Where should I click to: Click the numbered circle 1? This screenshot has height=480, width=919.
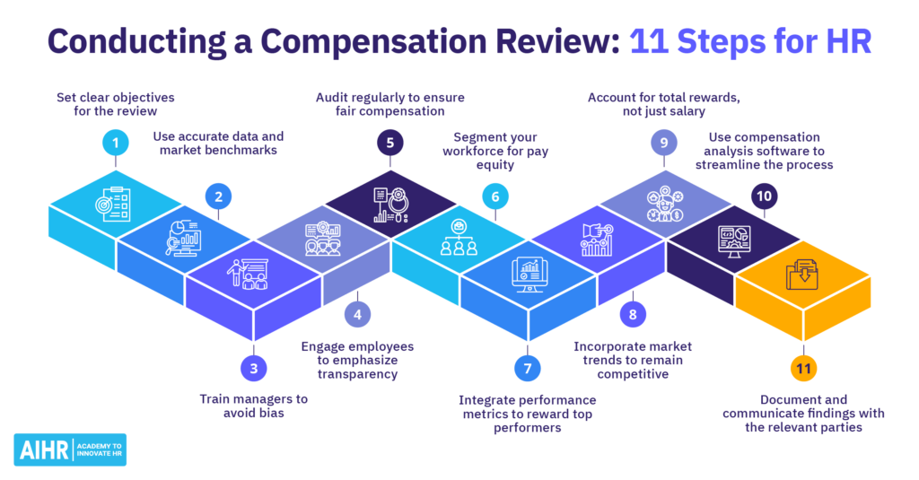click(116, 142)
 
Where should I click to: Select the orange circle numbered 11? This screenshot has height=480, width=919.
click(803, 368)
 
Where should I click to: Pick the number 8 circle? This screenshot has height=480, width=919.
click(632, 315)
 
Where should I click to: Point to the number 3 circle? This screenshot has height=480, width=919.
click(253, 368)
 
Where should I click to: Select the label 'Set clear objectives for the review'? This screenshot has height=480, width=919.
click(116, 104)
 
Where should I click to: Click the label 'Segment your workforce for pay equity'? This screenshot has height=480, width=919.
click(495, 152)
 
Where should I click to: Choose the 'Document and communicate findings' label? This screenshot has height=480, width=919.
click(803, 414)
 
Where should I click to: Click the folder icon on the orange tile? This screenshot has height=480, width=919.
click(802, 274)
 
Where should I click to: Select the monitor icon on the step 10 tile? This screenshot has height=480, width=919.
click(734, 240)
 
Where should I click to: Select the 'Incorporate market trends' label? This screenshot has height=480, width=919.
click(633, 360)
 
